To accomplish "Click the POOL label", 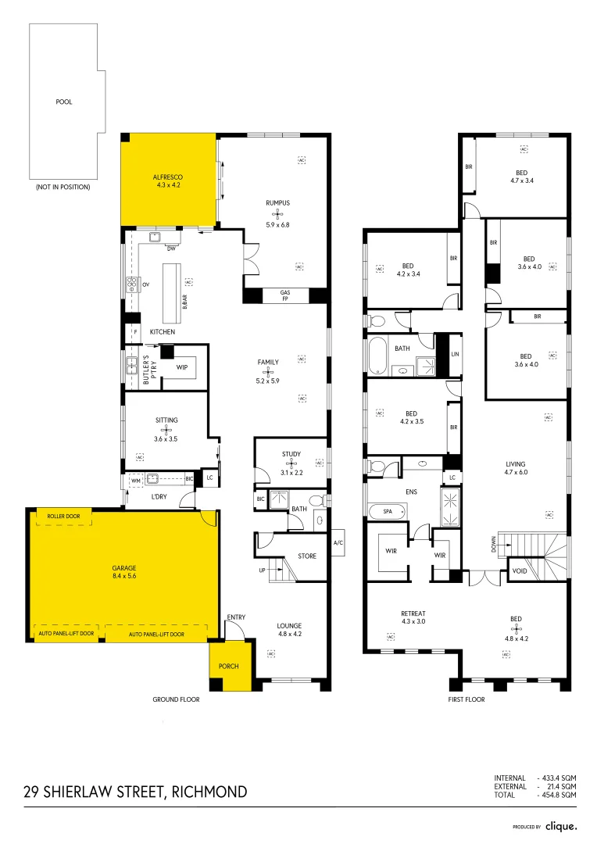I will [x=64, y=102].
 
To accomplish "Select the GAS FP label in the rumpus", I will [x=285, y=295].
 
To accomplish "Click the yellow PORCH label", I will [x=229, y=666].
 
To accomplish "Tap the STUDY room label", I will [x=291, y=454].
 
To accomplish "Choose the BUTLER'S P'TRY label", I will [x=144, y=367].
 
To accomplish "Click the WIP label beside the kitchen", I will [x=181, y=367].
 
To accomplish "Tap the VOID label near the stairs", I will [x=519, y=570].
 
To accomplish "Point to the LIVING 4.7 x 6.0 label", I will [x=517, y=467].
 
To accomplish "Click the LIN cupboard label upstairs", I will [x=455, y=354].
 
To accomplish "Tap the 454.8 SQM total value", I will [x=559, y=794].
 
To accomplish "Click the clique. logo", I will [x=561, y=825].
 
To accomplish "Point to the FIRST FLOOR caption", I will [x=467, y=699].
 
